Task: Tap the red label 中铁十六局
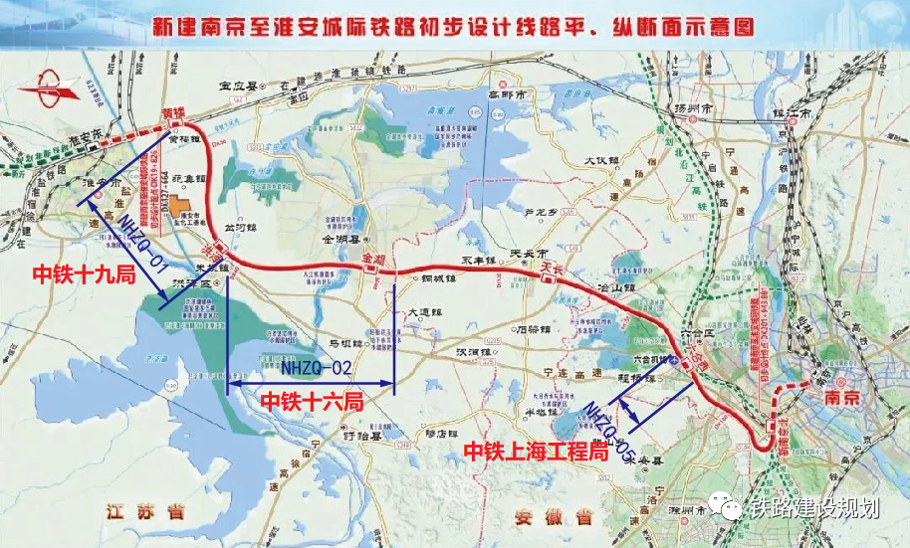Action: point(311,401)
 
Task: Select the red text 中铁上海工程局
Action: point(536,452)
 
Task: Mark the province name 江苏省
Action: point(148,512)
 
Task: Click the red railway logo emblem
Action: point(47,96)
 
